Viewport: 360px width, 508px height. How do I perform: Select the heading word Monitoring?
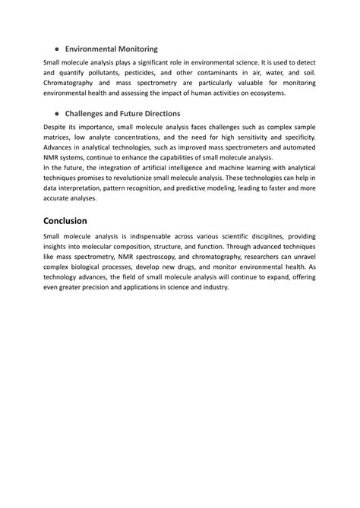pyautogui.click(x=131, y=49)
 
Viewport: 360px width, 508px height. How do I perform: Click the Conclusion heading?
pyautogui.click(x=76, y=221)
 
